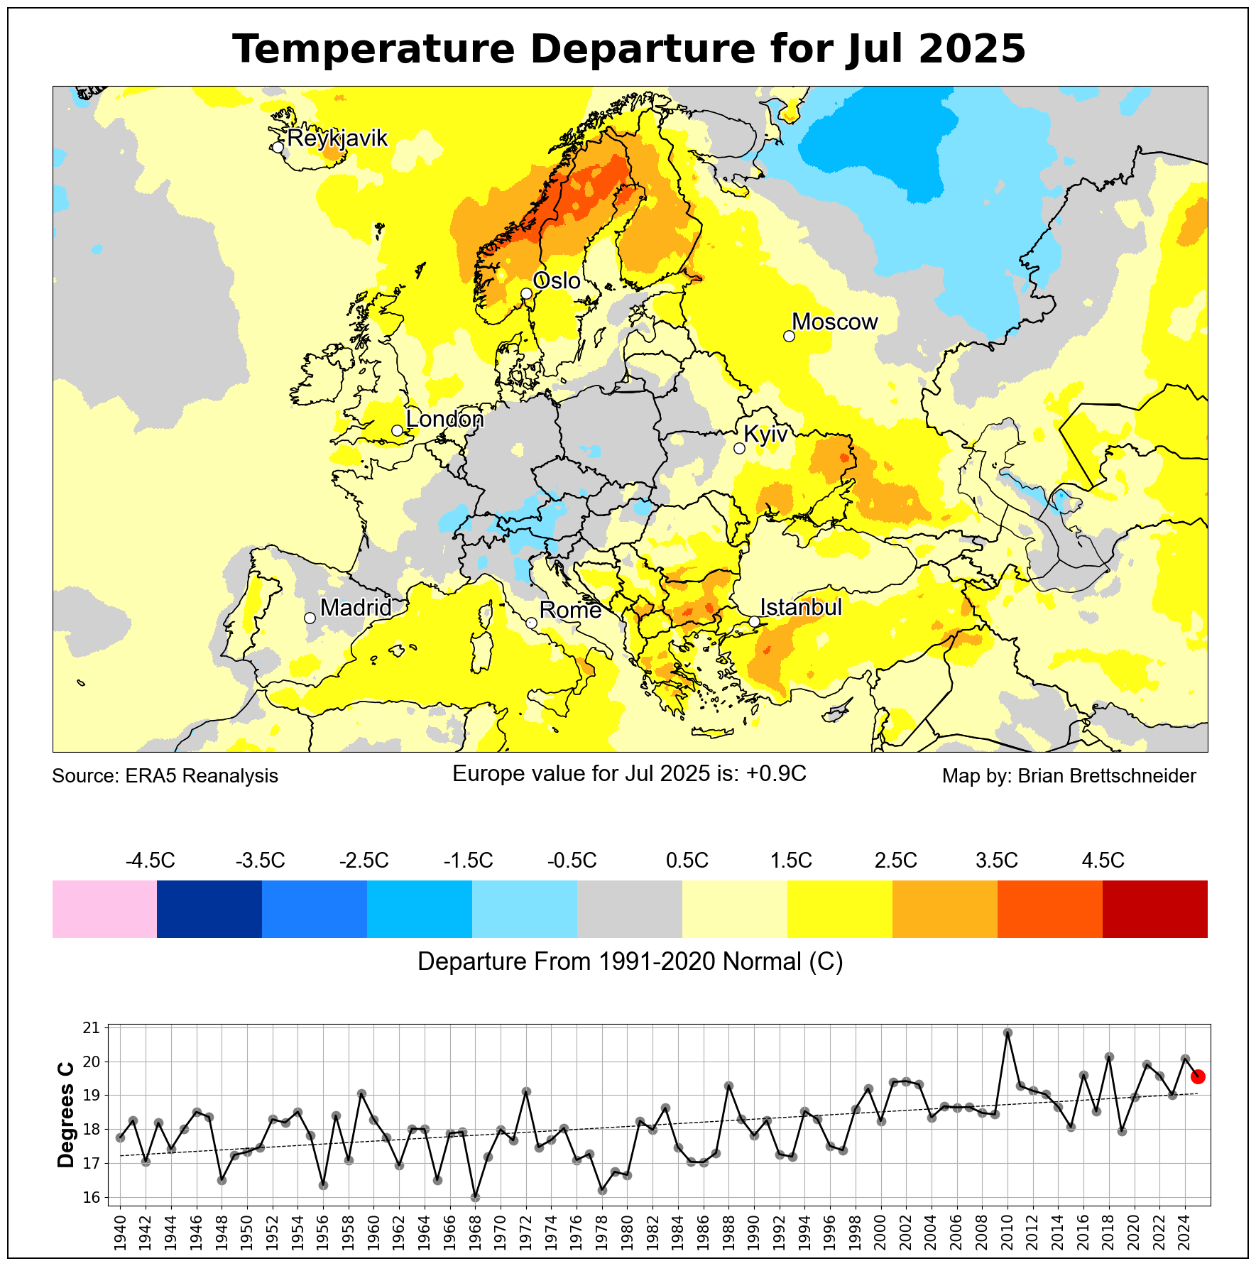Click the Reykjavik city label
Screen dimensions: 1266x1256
pos(337,138)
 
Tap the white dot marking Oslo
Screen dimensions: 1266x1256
pos(526,293)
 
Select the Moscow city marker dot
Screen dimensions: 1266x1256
pos(789,336)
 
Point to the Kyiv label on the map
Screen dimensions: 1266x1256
pos(765,434)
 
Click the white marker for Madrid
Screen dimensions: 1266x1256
pos(310,618)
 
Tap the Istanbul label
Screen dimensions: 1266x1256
pos(801,607)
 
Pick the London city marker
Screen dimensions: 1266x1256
pos(397,430)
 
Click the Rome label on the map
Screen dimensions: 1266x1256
pos(570,610)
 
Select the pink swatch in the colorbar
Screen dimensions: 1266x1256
pos(104,909)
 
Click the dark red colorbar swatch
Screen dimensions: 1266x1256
pos(1154,909)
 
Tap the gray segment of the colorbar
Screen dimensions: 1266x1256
pos(630,909)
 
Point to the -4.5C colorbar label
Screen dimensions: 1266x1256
pos(150,861)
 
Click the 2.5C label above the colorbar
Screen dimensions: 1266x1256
pos(895,861)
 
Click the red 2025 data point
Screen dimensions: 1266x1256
pos(1197,1076)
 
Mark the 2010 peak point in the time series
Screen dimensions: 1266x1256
pos(1007,1032)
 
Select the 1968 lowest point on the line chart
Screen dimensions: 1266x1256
pos(476,1197)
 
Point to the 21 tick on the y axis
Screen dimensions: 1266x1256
pos(92,1027)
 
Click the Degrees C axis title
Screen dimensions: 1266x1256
pos(66,1115)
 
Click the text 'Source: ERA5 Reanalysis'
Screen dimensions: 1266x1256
pos(165,776)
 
